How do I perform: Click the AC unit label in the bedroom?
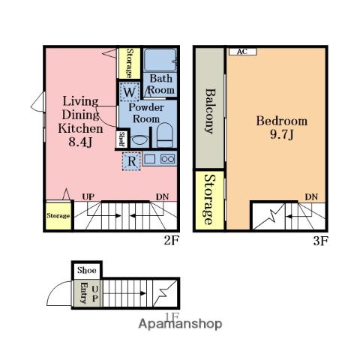point(243,52)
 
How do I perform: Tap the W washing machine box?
point(129,91)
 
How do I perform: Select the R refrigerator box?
point(131,161)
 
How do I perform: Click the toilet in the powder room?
point(164,135)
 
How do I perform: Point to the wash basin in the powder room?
point(139,141)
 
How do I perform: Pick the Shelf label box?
point(122,139)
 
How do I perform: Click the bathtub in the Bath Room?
point(160,60)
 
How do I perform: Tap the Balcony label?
point(209,111)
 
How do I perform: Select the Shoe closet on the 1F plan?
point(86,270)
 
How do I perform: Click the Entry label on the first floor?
point(83,292)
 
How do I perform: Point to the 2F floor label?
point(171,241)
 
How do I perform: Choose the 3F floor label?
point(320,241)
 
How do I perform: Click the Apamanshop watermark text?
point(180,324)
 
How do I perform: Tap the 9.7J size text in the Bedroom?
point(281,135)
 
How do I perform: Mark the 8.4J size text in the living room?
point(80,142)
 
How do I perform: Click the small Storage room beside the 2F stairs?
point(58,215)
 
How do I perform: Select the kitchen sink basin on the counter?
point(150,159)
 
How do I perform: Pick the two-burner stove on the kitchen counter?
point(168,159)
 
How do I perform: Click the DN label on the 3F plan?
point(311,197)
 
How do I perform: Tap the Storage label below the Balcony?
point(209,199)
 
